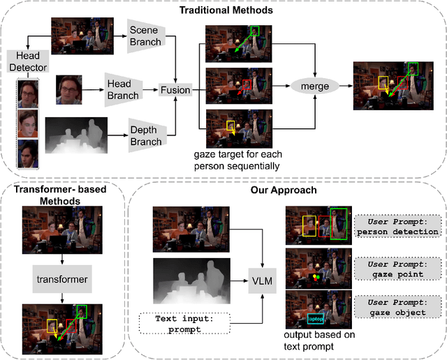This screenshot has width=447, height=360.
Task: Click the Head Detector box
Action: pyautogui.click(x=25, y=61)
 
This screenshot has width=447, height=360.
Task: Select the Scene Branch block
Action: pyautogui.click(x=145, y=36)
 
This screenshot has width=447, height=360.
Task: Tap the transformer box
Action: pyautogui.click(x=63, y=279)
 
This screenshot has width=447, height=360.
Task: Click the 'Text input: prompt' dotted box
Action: pyautogui.click(x=186, y=323)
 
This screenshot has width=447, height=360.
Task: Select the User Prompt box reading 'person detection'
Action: pyautogui.click(x=397, y=226)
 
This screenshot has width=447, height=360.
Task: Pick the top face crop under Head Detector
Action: pyautogui.click(x=26, y=93)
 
